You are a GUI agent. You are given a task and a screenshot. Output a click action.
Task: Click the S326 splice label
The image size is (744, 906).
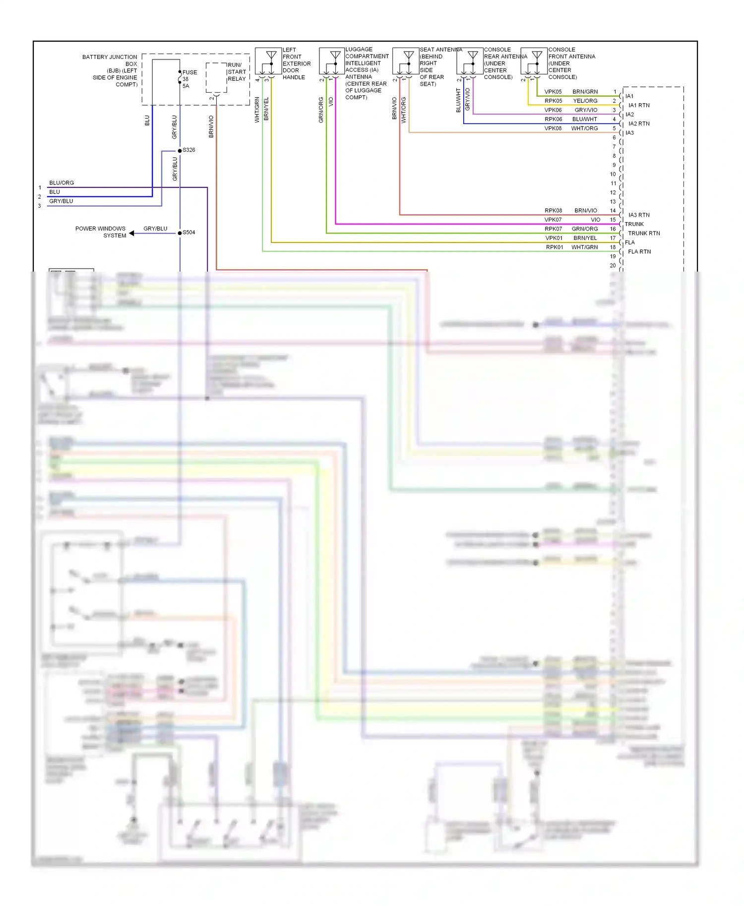[188, 150]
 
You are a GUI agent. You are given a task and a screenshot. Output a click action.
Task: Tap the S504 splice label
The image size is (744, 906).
[188, 232]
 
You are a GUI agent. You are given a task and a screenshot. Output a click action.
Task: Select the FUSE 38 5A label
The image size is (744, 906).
[188, 79]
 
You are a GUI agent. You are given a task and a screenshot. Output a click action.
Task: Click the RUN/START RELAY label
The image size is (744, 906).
[237, 72]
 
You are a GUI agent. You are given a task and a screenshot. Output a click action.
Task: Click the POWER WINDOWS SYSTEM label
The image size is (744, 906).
[101, 232]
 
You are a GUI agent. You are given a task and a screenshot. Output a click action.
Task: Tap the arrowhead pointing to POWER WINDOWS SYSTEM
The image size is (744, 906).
[132, 233]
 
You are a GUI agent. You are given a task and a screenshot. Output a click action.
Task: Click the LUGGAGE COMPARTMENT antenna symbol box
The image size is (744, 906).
[332, 61]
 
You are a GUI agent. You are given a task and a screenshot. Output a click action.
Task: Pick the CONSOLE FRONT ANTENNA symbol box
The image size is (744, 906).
[534, 61]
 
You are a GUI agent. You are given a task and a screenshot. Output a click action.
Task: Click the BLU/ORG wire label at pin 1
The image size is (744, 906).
[62, 183]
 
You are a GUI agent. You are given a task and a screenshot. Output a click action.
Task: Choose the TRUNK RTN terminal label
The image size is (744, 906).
[644, 233]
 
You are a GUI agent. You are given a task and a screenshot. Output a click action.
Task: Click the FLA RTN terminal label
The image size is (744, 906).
[639, 252]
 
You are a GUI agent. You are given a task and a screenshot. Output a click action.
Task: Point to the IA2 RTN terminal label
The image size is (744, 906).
[639, 124]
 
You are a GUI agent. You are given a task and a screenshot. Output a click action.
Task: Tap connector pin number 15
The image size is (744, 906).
[613, 220]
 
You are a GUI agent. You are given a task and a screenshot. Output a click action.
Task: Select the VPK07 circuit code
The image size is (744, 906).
[553, 220]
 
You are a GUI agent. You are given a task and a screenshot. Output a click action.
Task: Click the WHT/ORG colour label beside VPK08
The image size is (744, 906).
[584, 128]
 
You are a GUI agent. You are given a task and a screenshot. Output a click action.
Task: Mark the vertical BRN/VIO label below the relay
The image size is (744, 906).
[211, 126]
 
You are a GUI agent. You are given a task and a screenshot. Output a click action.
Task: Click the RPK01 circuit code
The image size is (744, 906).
[554, 247]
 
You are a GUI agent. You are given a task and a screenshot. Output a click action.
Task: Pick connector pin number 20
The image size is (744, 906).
[613, 266]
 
